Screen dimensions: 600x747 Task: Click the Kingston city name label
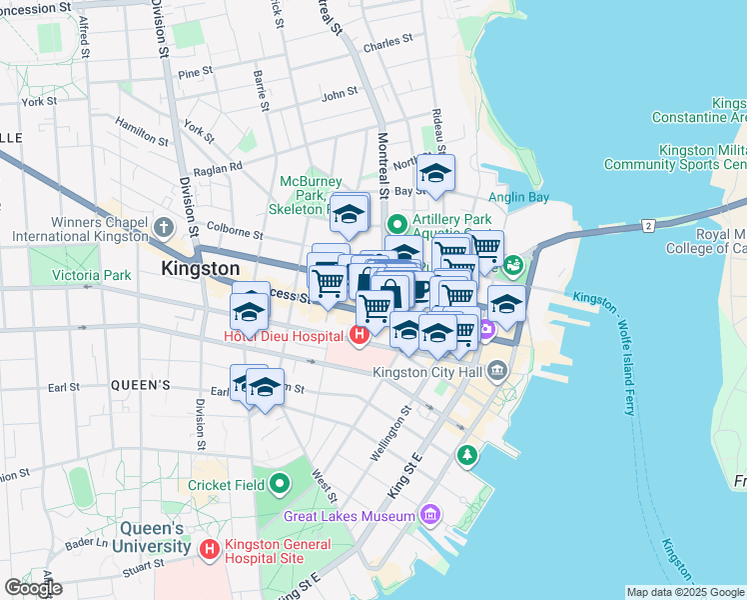tap(201, 269)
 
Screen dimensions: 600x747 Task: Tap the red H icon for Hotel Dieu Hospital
tap(359, 334)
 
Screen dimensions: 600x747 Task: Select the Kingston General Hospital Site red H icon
tap(210, 549)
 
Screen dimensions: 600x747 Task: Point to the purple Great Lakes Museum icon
tap(430, 516)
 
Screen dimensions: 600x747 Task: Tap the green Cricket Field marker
tap(280, 485)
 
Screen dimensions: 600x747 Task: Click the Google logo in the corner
tap(33, 588)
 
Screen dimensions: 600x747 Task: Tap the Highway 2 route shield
tap(648, 226)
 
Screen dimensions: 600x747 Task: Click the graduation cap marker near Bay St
tap(435, 173)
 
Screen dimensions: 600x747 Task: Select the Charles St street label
tap(387, 44)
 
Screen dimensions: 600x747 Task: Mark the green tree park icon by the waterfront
tap(466, 456)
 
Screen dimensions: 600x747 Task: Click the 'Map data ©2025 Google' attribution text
tap(685, 592)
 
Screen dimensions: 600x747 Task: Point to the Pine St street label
tap(194, 72)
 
